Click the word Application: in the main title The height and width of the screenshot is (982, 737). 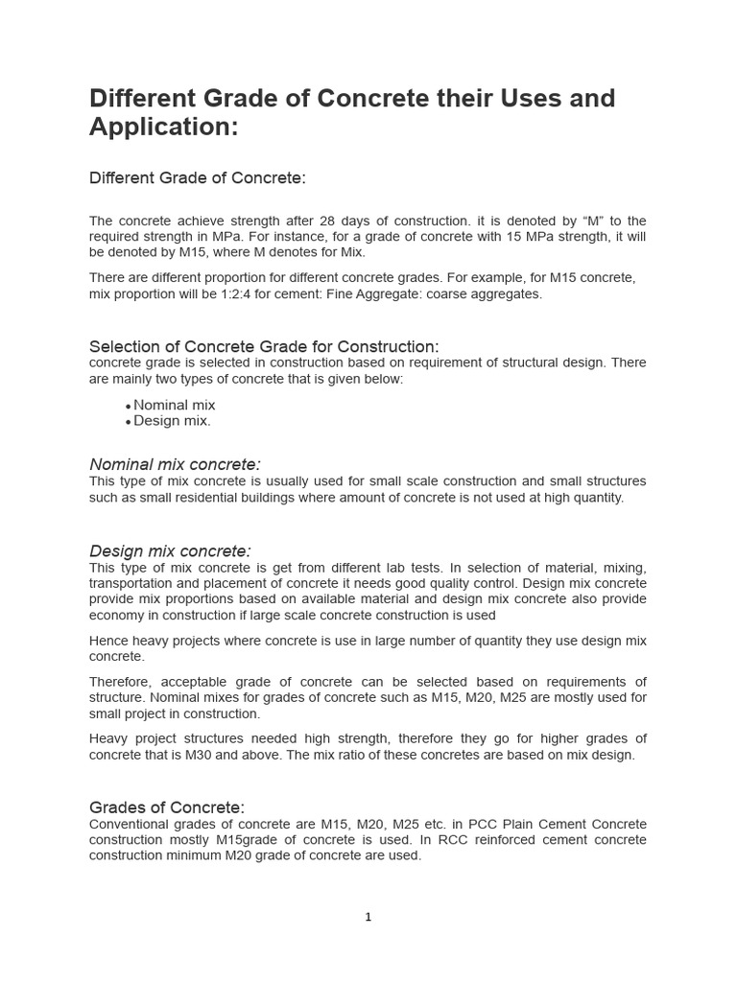click(x=163, y=127)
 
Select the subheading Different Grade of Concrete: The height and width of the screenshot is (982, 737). click(x=197, y=178)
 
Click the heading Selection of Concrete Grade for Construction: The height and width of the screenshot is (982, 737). click(x=264, y=346)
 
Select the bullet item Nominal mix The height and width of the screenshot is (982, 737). click(x=174, y=405)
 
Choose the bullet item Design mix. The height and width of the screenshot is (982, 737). click(x=172, y=421)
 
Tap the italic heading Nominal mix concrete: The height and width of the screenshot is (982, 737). click(x=175, y=464)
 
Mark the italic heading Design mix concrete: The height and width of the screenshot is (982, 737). click(x=170, y=550)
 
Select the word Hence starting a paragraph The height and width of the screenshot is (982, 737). click(x=108, y=641)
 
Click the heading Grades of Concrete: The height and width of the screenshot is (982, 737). click(x=167, y=807)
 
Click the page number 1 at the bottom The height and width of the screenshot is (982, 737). click(x=368, y=917)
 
